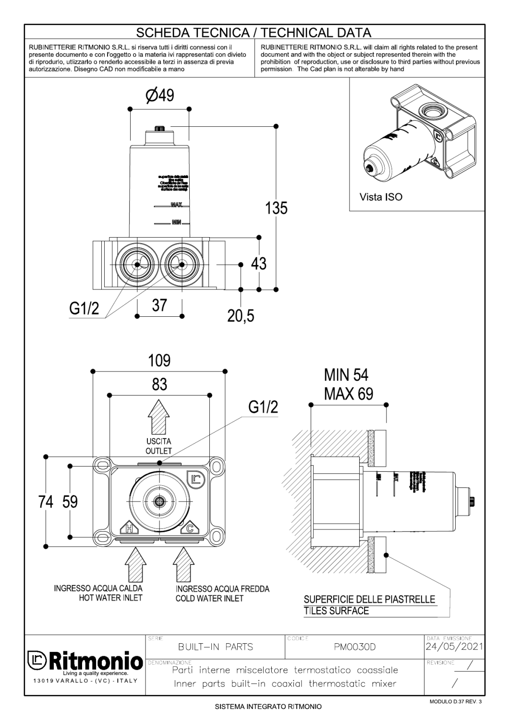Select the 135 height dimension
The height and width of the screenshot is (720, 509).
276,208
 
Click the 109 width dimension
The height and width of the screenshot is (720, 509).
159,360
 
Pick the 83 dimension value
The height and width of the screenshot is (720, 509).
159,384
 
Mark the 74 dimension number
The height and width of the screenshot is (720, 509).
46,502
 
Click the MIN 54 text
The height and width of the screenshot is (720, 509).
346,375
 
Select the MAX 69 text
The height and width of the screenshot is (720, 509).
348,394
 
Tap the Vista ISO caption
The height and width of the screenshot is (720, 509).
381,197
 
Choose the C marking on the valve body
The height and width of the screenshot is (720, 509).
190,529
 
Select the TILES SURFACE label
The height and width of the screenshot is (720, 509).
336,611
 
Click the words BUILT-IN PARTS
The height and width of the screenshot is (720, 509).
215,647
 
